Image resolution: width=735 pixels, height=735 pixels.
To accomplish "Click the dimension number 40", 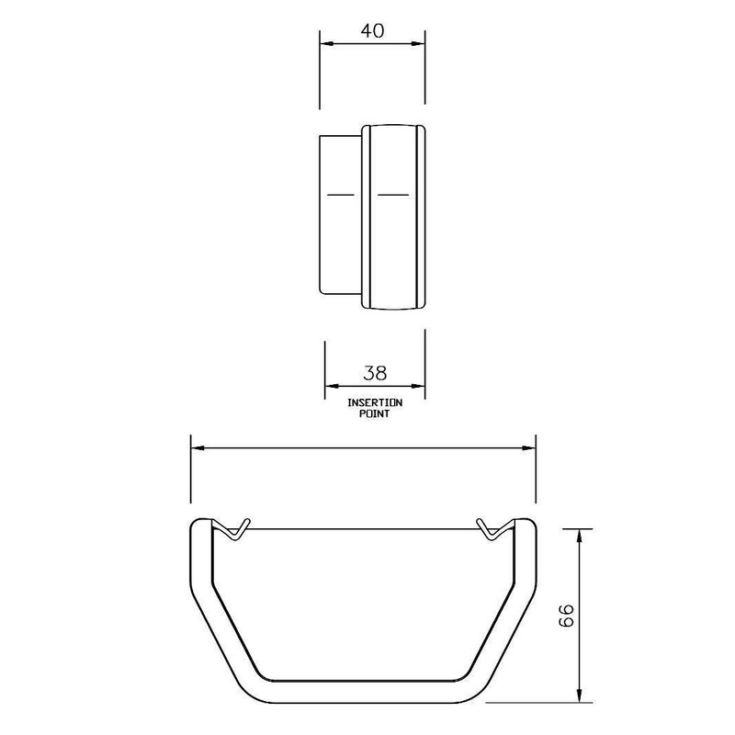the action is pos(372,31).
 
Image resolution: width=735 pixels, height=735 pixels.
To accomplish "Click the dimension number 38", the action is pos(375,373).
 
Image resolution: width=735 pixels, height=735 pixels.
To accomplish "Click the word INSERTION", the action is pos(375,402).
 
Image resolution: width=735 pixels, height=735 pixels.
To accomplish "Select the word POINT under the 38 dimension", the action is pos(375,414).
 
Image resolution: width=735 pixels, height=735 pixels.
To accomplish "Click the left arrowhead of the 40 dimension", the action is pos(326,43).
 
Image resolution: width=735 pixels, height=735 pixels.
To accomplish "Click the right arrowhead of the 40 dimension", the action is pos(418,43).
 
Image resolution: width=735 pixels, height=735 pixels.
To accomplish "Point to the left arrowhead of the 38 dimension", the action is pos(332,386).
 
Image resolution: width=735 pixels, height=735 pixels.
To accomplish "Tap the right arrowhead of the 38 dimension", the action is pos(418,386).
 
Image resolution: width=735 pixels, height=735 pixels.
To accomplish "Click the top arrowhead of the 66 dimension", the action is pos(580,536).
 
